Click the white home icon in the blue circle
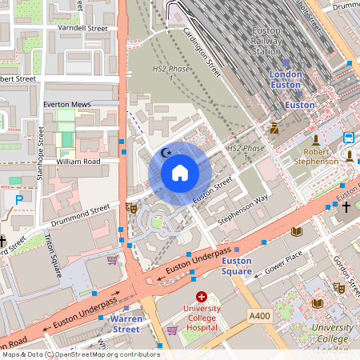180,173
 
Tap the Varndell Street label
82,28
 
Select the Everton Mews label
67,105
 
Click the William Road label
78,162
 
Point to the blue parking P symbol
19,198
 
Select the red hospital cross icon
201,296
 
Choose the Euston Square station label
236,266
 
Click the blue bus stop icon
350,138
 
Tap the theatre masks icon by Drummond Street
131,207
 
